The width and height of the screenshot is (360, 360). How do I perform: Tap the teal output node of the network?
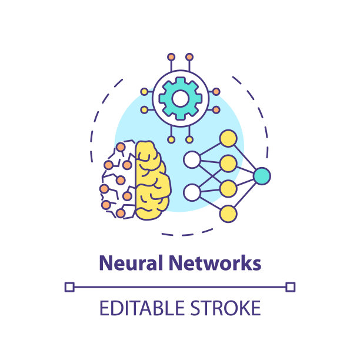[262, 175]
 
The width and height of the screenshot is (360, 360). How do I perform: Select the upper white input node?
[191, 159]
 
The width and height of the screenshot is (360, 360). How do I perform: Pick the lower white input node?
[191, 192]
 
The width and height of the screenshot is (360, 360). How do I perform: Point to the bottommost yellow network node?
[228, 213]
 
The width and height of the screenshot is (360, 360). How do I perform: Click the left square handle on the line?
[69, 287]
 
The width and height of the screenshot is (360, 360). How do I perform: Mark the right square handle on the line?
[290, 287]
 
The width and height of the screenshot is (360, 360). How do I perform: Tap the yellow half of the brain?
[152, 179]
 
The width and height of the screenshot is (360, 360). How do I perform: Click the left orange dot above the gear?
[171, 57]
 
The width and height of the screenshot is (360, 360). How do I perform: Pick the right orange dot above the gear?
[189, 57]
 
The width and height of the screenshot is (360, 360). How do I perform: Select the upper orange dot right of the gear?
[216, 92]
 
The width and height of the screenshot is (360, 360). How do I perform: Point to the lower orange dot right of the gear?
[216, 109]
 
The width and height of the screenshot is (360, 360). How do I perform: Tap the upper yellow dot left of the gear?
[144, 92]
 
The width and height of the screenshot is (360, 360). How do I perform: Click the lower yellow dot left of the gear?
[144, 109]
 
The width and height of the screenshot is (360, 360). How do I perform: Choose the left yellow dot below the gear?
[171, 139]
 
